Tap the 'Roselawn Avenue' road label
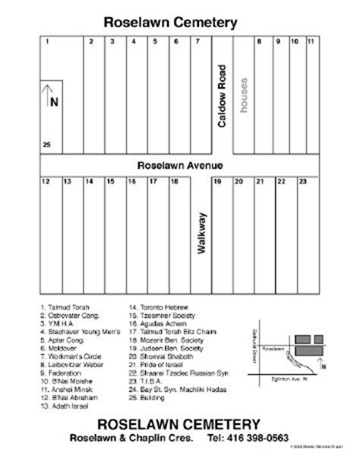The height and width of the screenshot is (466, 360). pos(179,164)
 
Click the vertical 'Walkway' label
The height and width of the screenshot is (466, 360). pos(202,232)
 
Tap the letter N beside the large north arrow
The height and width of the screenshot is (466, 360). pos(52,100)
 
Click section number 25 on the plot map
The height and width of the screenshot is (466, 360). pos(46,144)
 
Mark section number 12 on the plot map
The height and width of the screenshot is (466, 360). pos(46,182)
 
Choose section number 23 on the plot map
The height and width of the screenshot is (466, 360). pos(302,182)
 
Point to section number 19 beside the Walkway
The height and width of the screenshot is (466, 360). pos(216,182)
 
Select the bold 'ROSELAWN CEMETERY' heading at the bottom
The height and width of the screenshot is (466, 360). pos(179,423)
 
